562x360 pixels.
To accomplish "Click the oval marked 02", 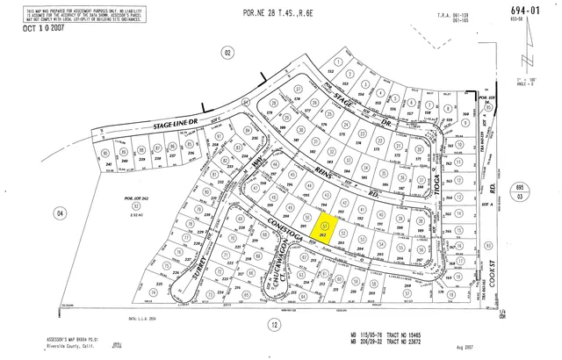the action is pos(227,54).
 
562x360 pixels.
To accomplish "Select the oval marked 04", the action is pos(60,212).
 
